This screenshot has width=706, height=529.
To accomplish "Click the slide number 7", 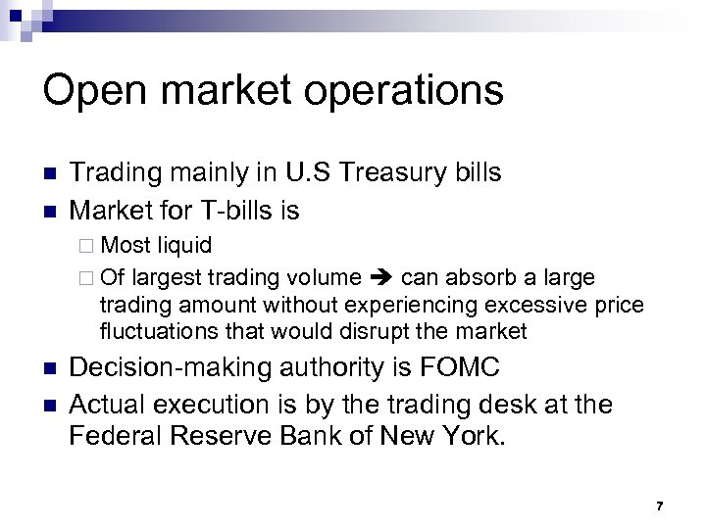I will [x=660, y=505].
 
